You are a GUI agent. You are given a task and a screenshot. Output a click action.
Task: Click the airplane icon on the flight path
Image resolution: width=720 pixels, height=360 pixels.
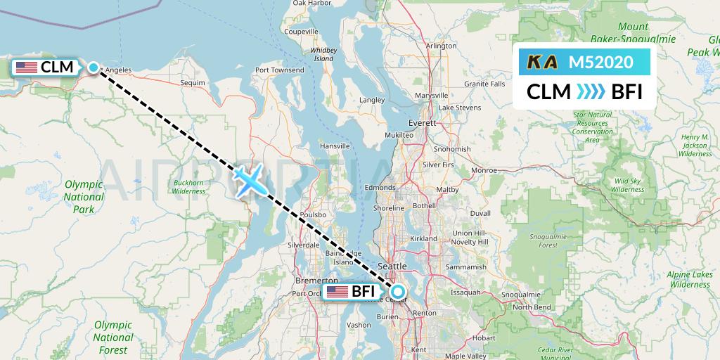(x=249, y=180)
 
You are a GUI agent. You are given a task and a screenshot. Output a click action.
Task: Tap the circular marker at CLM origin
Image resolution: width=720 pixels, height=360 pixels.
(x=94, y=67)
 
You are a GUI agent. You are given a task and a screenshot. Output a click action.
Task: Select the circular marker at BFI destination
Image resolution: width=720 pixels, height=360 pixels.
(x=398, y=292)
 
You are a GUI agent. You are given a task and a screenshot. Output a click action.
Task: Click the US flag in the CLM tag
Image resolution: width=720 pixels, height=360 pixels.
(x=27, y=67)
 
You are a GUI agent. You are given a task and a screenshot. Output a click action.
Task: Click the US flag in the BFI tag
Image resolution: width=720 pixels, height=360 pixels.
(x=337, y=292)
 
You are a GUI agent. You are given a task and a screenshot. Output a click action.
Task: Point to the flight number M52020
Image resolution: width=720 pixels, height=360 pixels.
(x=600, y=62)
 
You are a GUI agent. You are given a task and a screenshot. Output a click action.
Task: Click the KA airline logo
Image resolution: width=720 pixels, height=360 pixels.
(x=542, y=62)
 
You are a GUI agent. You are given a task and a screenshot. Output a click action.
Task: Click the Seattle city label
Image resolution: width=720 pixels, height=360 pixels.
(x=392, y=266)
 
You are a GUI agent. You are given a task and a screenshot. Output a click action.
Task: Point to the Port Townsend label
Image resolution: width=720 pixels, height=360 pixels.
(x=280, y=70)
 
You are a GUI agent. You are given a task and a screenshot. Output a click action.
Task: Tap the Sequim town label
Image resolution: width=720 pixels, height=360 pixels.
(x=192, y=82)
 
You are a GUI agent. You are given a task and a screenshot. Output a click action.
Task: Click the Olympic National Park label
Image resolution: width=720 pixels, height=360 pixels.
(x=84, y=197)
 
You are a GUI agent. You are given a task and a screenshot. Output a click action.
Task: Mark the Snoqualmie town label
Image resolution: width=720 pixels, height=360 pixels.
(x=520, y=294)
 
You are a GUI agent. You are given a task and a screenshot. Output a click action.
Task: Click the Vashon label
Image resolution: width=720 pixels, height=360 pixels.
(x=359, y=325)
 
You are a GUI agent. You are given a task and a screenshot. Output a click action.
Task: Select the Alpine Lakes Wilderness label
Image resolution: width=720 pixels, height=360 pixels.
(x=689, y=279)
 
